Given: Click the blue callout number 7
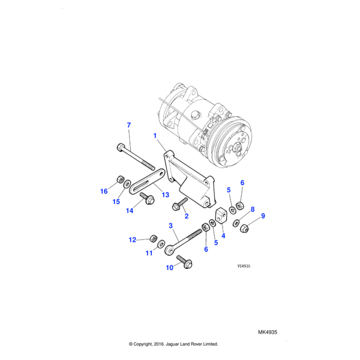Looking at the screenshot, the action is (x=129, y=125).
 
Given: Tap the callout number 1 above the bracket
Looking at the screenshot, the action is (x=155, y=136).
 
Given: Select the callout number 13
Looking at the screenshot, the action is (x=166, y=194).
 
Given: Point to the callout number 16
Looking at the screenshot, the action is (x=104, y=191).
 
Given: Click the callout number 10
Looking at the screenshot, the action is (x=169, y=268).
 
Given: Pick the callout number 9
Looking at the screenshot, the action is (x=263, y=216).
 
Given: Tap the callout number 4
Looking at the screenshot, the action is (x=223, y=236).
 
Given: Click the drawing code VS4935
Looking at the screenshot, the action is (x=244, y=266).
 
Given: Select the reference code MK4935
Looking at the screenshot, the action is (x=268, y=332).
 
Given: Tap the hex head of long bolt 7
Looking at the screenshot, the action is (x=121, y=147).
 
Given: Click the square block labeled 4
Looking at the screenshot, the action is (x=221, y=215).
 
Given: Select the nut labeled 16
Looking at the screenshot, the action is (x=119, y=179).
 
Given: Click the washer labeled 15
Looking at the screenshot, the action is (x=127, y=184).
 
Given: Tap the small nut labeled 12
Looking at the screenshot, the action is (x=153, y=239).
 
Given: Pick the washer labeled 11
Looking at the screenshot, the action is (x=161, y=244).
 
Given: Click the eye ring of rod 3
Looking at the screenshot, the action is (x=170, y=250).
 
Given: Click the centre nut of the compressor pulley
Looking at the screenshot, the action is (x=236, y=146).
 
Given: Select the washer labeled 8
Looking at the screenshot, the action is (x=236, y=223).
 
